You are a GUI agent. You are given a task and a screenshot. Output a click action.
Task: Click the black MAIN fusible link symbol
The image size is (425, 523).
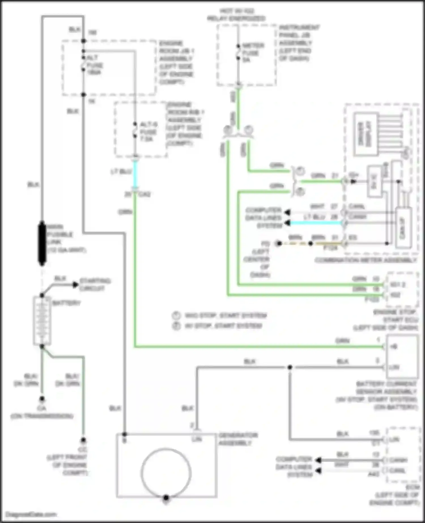coord(42,243)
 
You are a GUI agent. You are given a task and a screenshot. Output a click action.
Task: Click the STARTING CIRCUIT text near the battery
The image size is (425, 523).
coord(95,284)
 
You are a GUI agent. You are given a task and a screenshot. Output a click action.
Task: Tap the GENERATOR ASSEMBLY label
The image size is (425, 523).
coord(238,439)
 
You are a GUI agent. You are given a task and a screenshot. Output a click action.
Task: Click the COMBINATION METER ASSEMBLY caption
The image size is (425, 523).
coord(365,260)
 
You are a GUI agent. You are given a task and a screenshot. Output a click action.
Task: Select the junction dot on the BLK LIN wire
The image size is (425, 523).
coord(290,367)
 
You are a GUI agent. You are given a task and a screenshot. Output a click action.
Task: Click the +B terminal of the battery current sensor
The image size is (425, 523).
coord(394,346)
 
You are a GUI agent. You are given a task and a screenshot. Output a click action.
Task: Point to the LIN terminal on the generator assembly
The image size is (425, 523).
coord(197,439)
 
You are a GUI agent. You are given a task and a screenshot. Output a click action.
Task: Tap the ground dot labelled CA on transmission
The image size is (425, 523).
coord(42,399)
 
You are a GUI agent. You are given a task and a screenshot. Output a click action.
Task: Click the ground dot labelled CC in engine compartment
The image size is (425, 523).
coord(83,440)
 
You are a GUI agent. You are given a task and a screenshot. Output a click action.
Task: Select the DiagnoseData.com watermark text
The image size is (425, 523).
coord(31,514)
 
